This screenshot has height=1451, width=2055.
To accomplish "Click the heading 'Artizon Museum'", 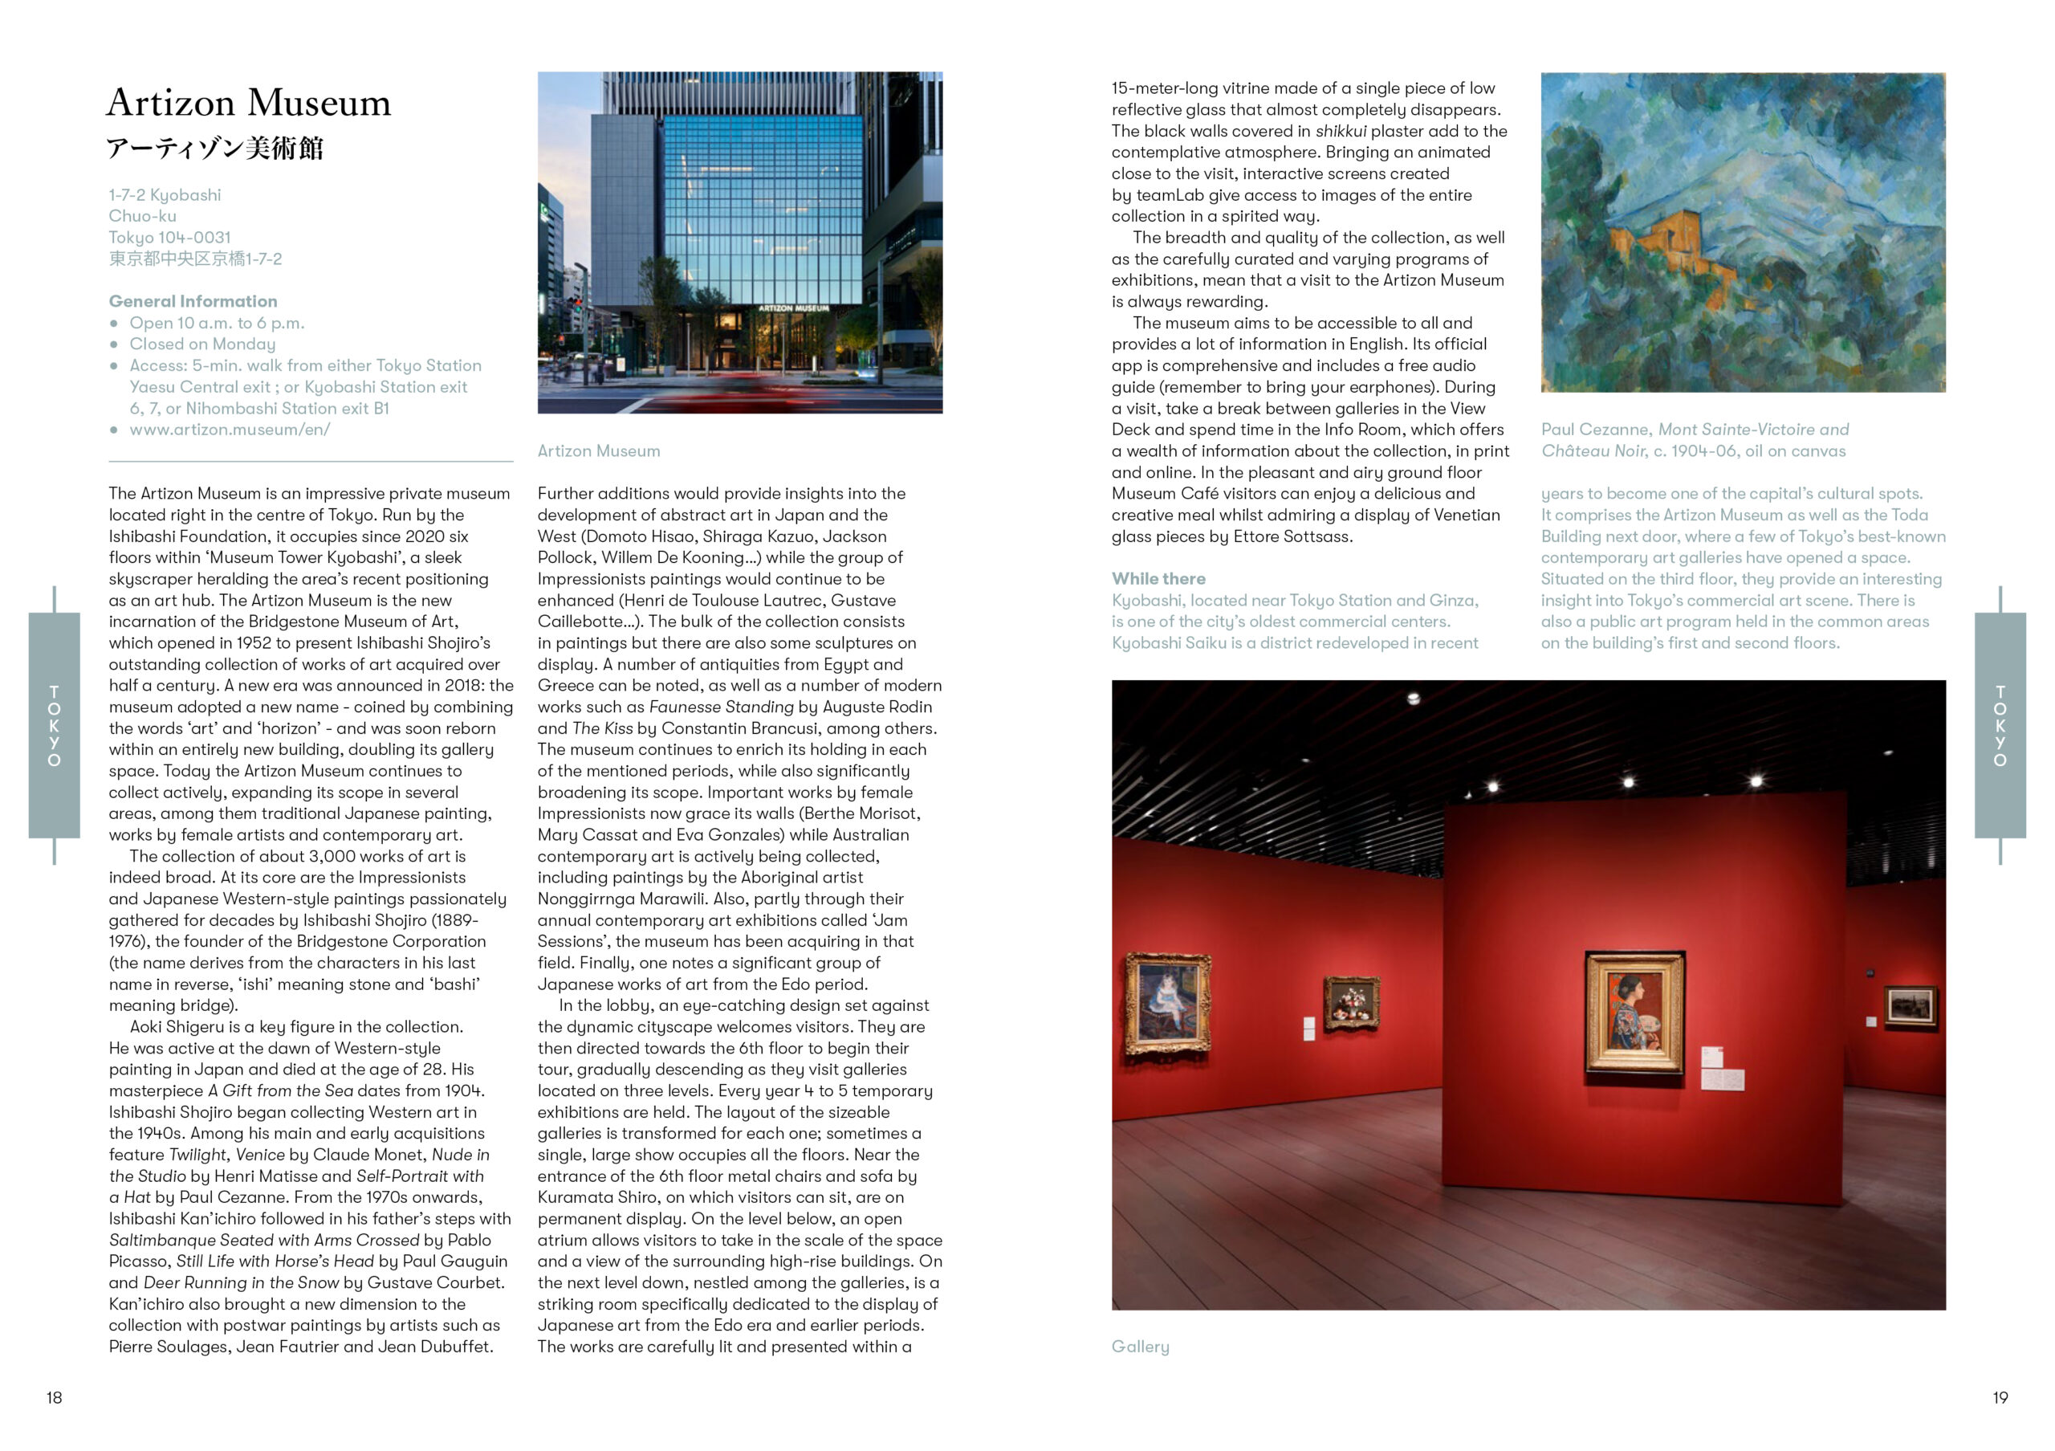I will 249,103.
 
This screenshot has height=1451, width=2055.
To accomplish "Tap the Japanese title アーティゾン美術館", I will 215,148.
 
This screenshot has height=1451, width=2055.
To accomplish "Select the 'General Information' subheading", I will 193,301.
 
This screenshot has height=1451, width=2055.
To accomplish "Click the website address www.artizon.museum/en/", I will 230,429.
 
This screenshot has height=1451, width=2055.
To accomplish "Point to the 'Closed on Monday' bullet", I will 202,344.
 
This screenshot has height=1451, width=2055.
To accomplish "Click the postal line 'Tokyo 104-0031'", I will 170,237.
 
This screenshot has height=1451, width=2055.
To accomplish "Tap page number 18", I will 55,1397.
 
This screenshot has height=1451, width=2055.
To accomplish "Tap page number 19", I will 2000,1397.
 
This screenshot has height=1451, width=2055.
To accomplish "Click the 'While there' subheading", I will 1158,578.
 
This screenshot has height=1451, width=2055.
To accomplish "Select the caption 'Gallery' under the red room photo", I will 1140,1347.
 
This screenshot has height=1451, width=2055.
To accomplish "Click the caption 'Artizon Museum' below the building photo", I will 599,451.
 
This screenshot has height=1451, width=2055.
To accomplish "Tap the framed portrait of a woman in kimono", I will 1634,1013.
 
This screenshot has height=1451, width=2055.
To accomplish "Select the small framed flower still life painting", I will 1352,1003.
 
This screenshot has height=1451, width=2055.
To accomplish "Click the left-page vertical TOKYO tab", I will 55,725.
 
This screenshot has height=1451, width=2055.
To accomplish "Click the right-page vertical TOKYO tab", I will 2000,725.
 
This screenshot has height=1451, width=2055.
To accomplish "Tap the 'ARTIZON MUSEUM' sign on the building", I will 794,308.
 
